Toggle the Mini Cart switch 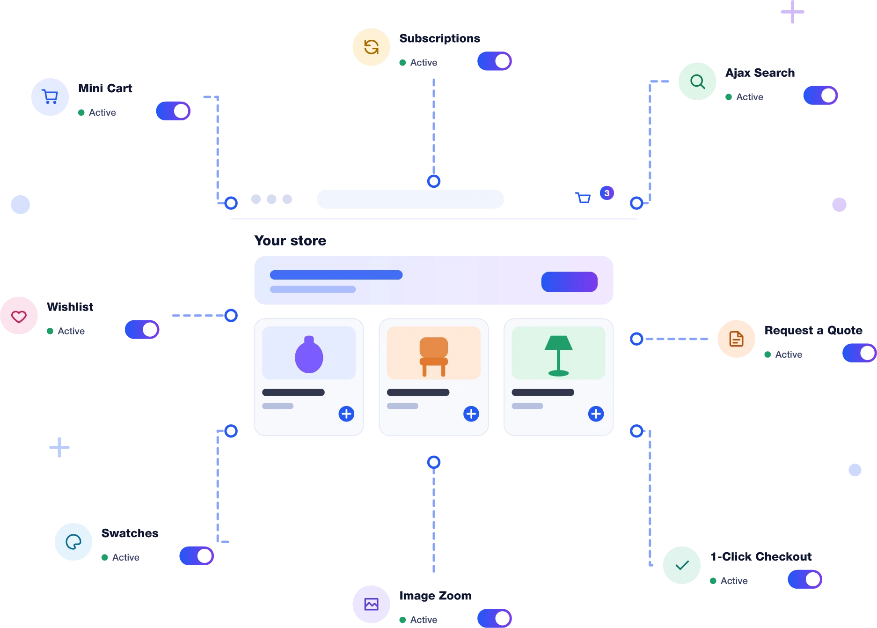[x=173, y=111]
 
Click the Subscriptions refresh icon [x=371, y=47]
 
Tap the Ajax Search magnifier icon [x=697, y=81]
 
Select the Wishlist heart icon [x=19, y=317]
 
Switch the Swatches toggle [x=197, y=556]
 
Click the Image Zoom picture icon [x=371, y=604]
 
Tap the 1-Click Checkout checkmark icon [x=682, y=565]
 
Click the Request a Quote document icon [x=736, y=339]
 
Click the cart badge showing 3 [x=607, y=193]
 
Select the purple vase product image [x=309, y=353]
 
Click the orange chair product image [x=434, y=353]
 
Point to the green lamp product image [x=558, y=353]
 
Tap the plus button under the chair [x=471, y=414]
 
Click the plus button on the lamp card [x=596, y=414]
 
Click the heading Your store [x=290, y=241]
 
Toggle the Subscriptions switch [x=495, y=61]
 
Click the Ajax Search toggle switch [x=820, y=96]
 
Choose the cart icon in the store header [x=583, y=198]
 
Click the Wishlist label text [x=70, y=307]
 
